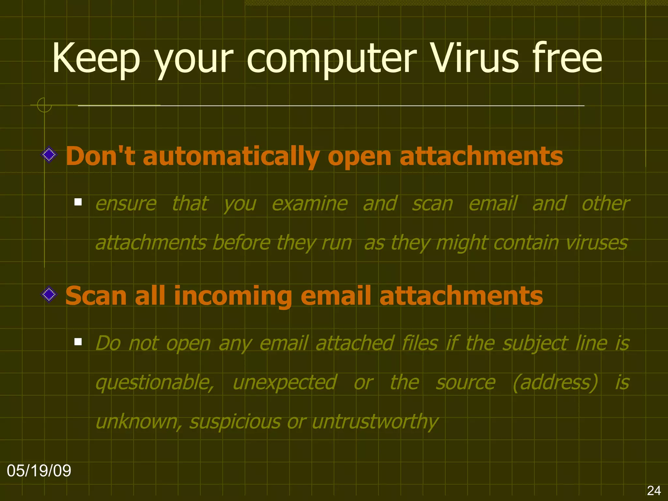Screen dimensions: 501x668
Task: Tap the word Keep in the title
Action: pyautogui.click(x=96, y=59)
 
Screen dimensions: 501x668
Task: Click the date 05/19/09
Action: pyautogui.click(x=39, y=471)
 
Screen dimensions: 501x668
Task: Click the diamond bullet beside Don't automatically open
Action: pyautogui.click(x=49, y=154)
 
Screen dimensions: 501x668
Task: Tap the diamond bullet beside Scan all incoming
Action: pyautogui.click(x=49, y=295)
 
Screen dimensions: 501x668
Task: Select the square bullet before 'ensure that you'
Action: pyautogui.click(x=78, y=202)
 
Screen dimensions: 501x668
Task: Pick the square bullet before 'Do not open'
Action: pyautogui.click(x=78, y=342)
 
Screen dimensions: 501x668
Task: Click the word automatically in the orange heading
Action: pyautogui.click(x=231, y=157)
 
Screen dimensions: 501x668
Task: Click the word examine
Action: pyautogui.click(x=310, y=204)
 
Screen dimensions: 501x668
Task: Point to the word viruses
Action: pyautogui.click(x=597, y=243)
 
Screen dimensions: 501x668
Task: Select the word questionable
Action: pyautogui.click(x=155, y=383)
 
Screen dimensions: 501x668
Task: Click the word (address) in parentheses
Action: pyautogui.click(x=555, y=382)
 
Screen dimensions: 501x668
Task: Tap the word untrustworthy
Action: pyautogui.click(x=375, y=422)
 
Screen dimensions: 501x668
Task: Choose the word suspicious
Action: pyautogui.click(x=235, y=422)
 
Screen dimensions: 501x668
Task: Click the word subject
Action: pyautogui.click(x=535, y=344)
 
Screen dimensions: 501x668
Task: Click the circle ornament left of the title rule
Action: pyautogui.click(x=44, y=105)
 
